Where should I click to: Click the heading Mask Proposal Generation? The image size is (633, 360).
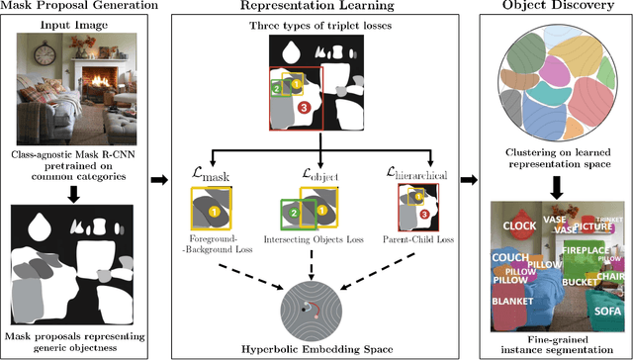(76, 8)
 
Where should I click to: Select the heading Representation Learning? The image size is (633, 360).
(318, 8)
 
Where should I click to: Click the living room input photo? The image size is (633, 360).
(76, 82)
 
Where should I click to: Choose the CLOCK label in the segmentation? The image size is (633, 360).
(519, 226)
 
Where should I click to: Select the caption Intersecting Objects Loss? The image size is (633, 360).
(317, 238)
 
